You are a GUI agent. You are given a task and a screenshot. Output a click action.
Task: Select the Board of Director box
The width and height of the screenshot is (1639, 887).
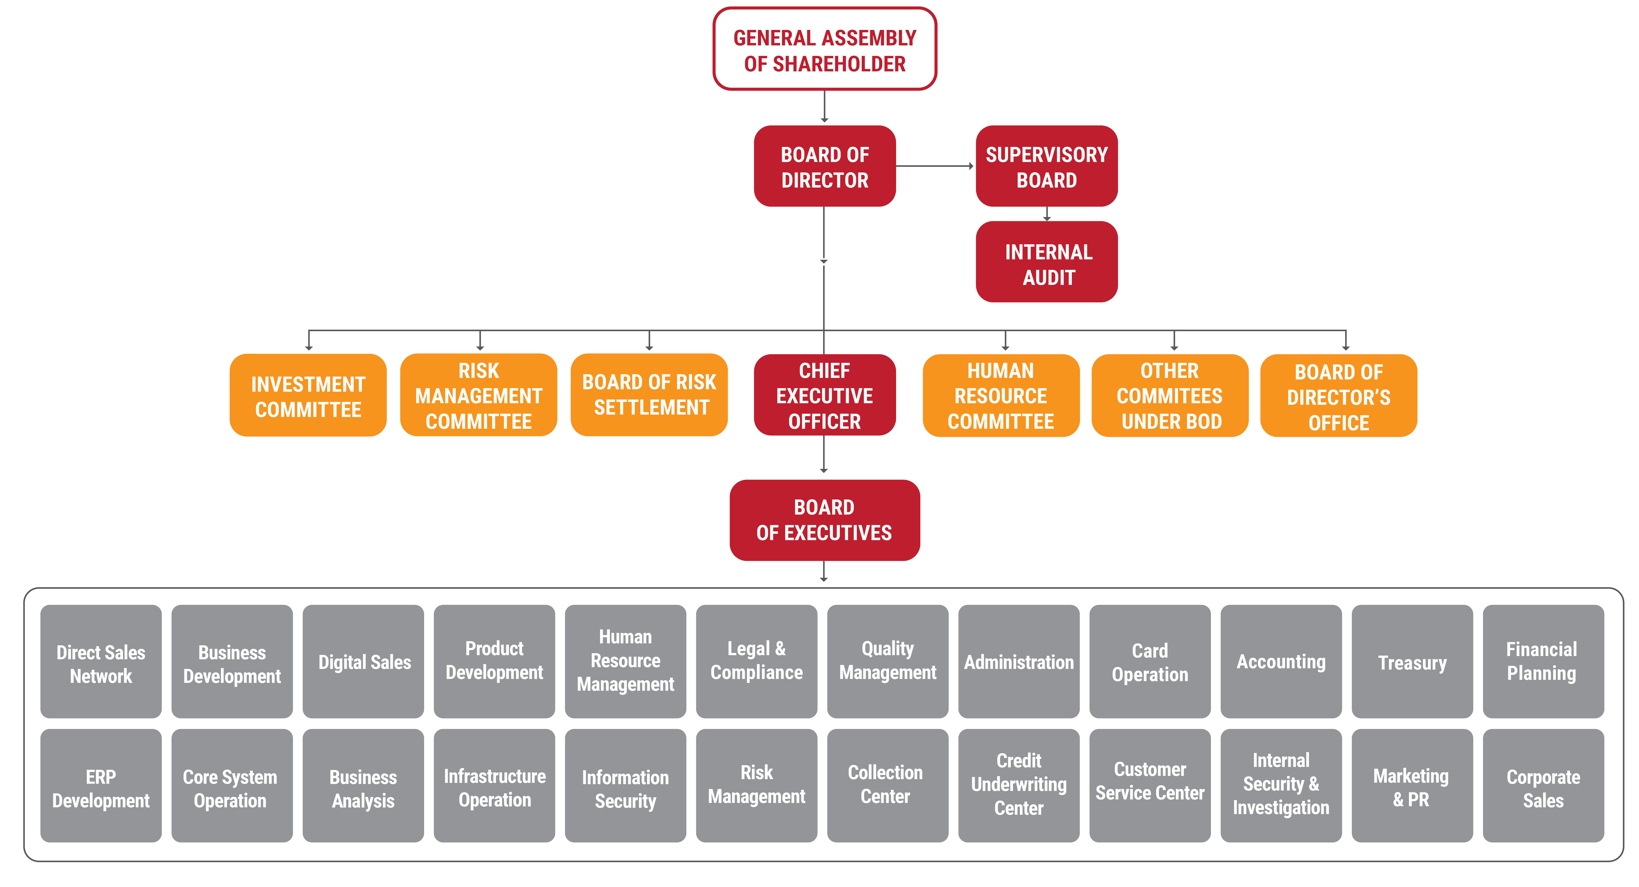[825, 167]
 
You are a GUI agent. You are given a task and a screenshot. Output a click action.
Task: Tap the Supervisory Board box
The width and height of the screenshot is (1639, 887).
[1047, 167]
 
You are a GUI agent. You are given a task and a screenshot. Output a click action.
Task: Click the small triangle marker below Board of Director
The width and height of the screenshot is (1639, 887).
[824, 261]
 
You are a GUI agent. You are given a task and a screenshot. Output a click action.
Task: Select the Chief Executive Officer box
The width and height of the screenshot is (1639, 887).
[825, 396]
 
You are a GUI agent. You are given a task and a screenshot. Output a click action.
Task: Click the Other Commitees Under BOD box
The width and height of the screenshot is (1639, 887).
[1170, 396]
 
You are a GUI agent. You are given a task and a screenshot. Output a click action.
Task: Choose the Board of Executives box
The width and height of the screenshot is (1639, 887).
[825, 520]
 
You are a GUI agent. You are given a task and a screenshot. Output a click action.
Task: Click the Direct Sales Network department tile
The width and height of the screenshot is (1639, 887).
[101, 662]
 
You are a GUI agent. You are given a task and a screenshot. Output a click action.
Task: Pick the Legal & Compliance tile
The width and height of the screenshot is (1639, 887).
[756, 662]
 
